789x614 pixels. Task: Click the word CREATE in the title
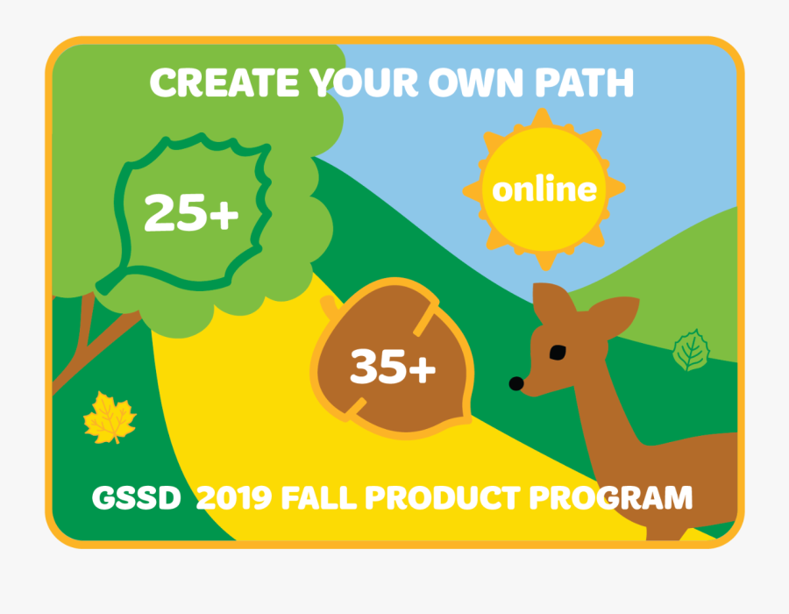point(224,83)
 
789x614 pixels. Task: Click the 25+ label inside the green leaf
point(191,213)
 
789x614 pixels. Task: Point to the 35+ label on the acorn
point(392,367)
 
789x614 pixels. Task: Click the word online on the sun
point(544,189)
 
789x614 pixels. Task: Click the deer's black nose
point(517,383)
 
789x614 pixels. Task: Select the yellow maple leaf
point(110,418)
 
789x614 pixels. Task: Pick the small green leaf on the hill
point(691,350)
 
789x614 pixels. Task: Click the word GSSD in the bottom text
point(136,498)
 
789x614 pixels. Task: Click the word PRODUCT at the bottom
point(442,498)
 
